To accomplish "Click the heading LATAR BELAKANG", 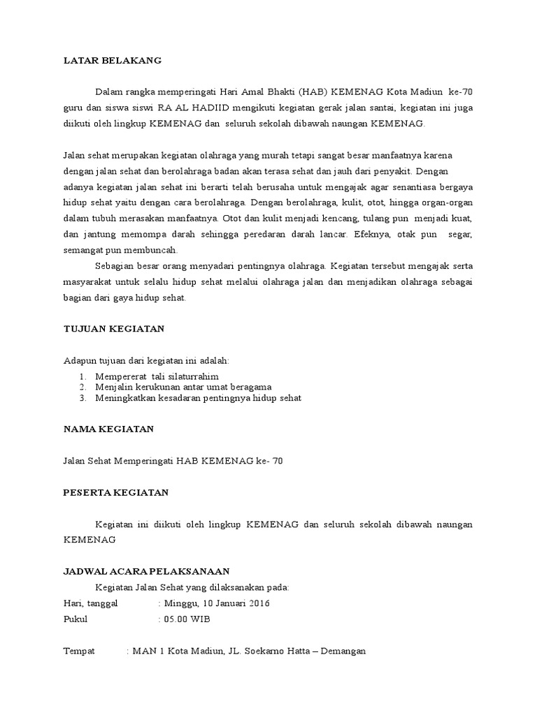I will [x=113, y=61].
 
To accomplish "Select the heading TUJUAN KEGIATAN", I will [x=114, y=328].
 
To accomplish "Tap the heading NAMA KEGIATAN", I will [x=108, y=429].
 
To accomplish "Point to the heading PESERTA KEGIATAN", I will [x=116, y=492].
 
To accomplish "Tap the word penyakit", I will [x=395, y=170].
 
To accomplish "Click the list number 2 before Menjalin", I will [x=82, y=387].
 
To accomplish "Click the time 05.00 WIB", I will [x=187, y=619].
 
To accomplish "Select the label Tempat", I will [x=79, y=651].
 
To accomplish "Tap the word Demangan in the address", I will [x=342, y=651].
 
